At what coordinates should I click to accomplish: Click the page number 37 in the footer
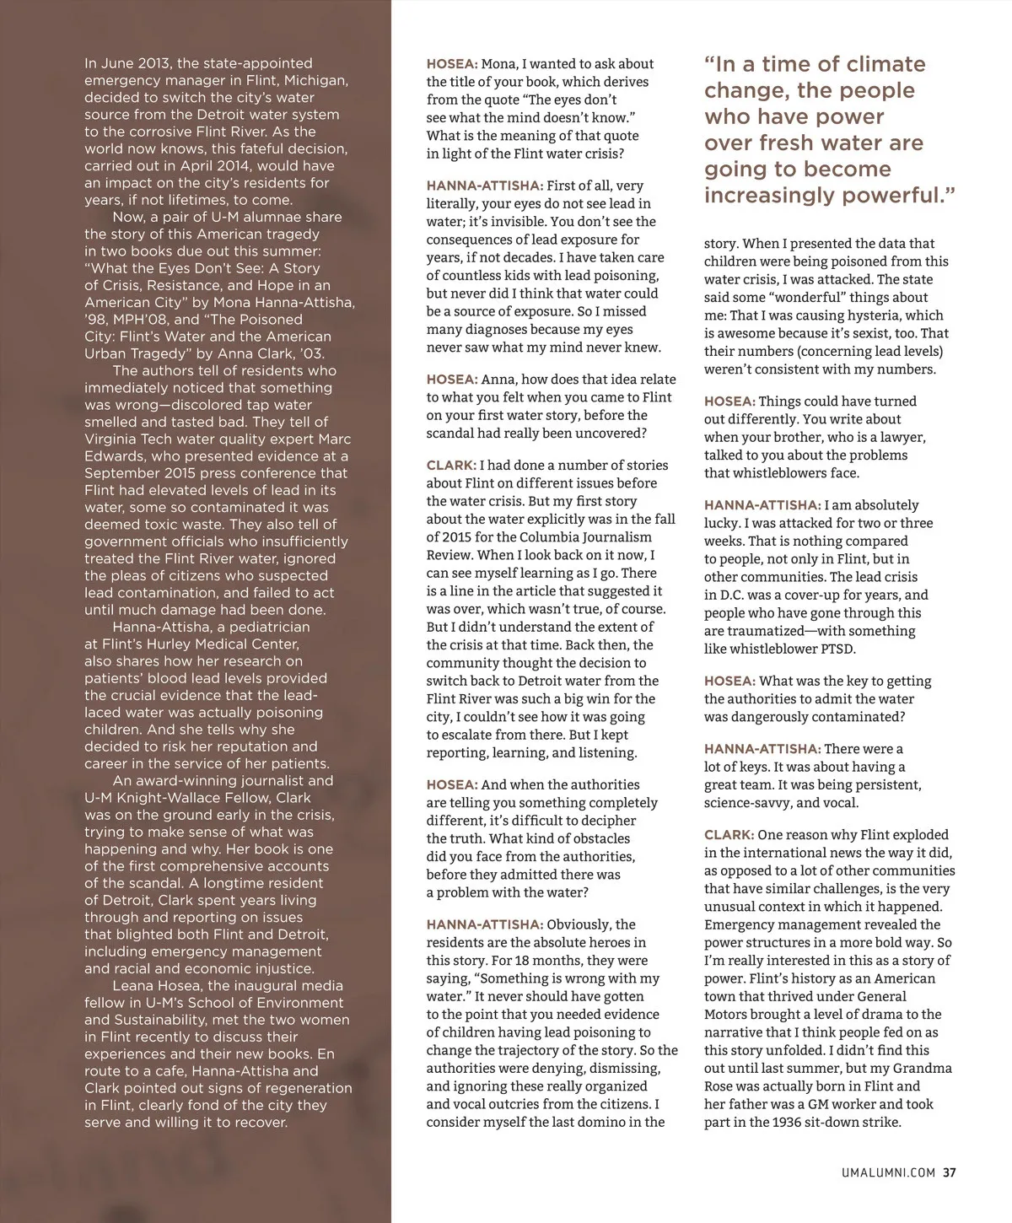[949, 1172]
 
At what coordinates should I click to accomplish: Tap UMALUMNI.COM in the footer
[891, 1172]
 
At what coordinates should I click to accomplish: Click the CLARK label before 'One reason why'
[729, 835]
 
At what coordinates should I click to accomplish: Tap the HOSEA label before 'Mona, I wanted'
[452, 64]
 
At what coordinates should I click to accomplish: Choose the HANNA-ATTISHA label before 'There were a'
[762, 749]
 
